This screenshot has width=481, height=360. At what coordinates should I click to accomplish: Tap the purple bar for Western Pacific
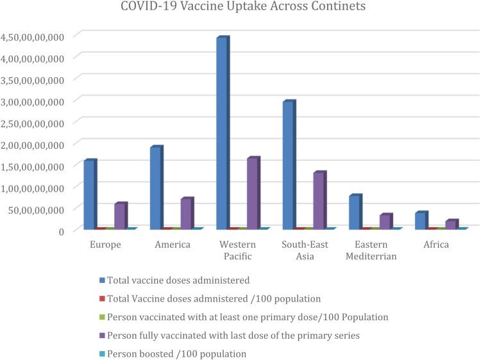[x=252, y=193]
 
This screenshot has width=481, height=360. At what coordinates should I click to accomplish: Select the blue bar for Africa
[x=419, y=221]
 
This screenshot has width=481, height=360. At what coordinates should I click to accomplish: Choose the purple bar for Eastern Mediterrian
[x=385, y=221]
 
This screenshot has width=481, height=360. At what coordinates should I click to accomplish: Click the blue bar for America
[x=155, y=187]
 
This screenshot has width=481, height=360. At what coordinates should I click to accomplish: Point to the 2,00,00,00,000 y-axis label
[x=33, y=144]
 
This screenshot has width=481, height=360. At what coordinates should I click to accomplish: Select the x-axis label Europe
[x=105, y=244]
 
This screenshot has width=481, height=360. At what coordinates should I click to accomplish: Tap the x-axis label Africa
[x=436, y=244]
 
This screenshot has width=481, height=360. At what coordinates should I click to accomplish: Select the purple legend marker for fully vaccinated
[x=102, y=336]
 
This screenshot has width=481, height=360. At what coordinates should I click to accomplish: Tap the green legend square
[x=102, y=317]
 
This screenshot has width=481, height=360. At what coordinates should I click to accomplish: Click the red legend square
[x=102, y=298]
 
